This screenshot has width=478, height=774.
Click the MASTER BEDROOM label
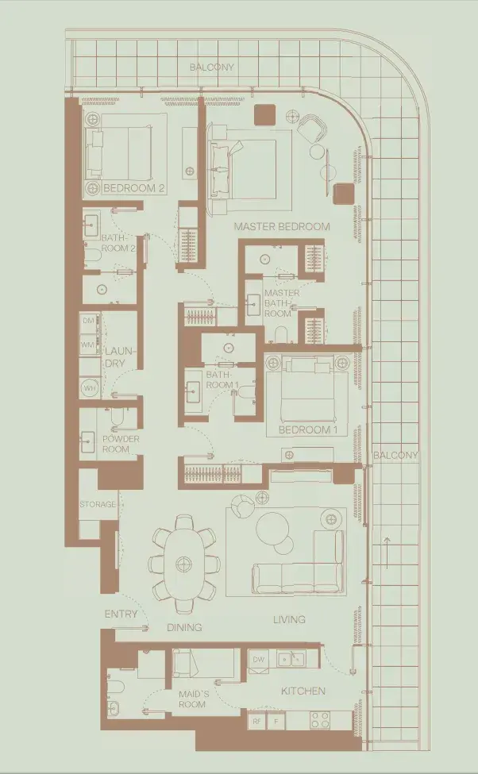(282, 226)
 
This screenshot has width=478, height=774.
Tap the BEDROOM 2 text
(134, 188)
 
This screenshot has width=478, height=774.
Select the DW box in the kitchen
(259, 660)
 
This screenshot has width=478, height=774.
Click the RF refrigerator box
(256, 721)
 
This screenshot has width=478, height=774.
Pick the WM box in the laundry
(87, 345)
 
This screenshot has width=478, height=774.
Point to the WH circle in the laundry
(90, 388)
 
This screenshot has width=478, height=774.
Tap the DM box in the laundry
(88, 322)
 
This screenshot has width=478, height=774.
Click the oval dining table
(184, 564)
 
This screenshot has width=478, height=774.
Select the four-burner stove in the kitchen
(320, 720)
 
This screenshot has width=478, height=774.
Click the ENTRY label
(121, 614)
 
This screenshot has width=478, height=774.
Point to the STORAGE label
(98, 504)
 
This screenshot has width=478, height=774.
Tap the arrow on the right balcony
(387, 553)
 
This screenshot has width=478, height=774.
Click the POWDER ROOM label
(121, 444)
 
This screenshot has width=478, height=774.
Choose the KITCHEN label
(303, 691)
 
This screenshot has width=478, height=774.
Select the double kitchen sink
(291, 658)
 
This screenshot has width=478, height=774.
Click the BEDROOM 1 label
(308, 430)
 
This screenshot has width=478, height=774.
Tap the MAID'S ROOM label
(194, 699)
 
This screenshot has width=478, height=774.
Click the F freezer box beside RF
(276, 721)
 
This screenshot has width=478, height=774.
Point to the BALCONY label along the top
(212, 67)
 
